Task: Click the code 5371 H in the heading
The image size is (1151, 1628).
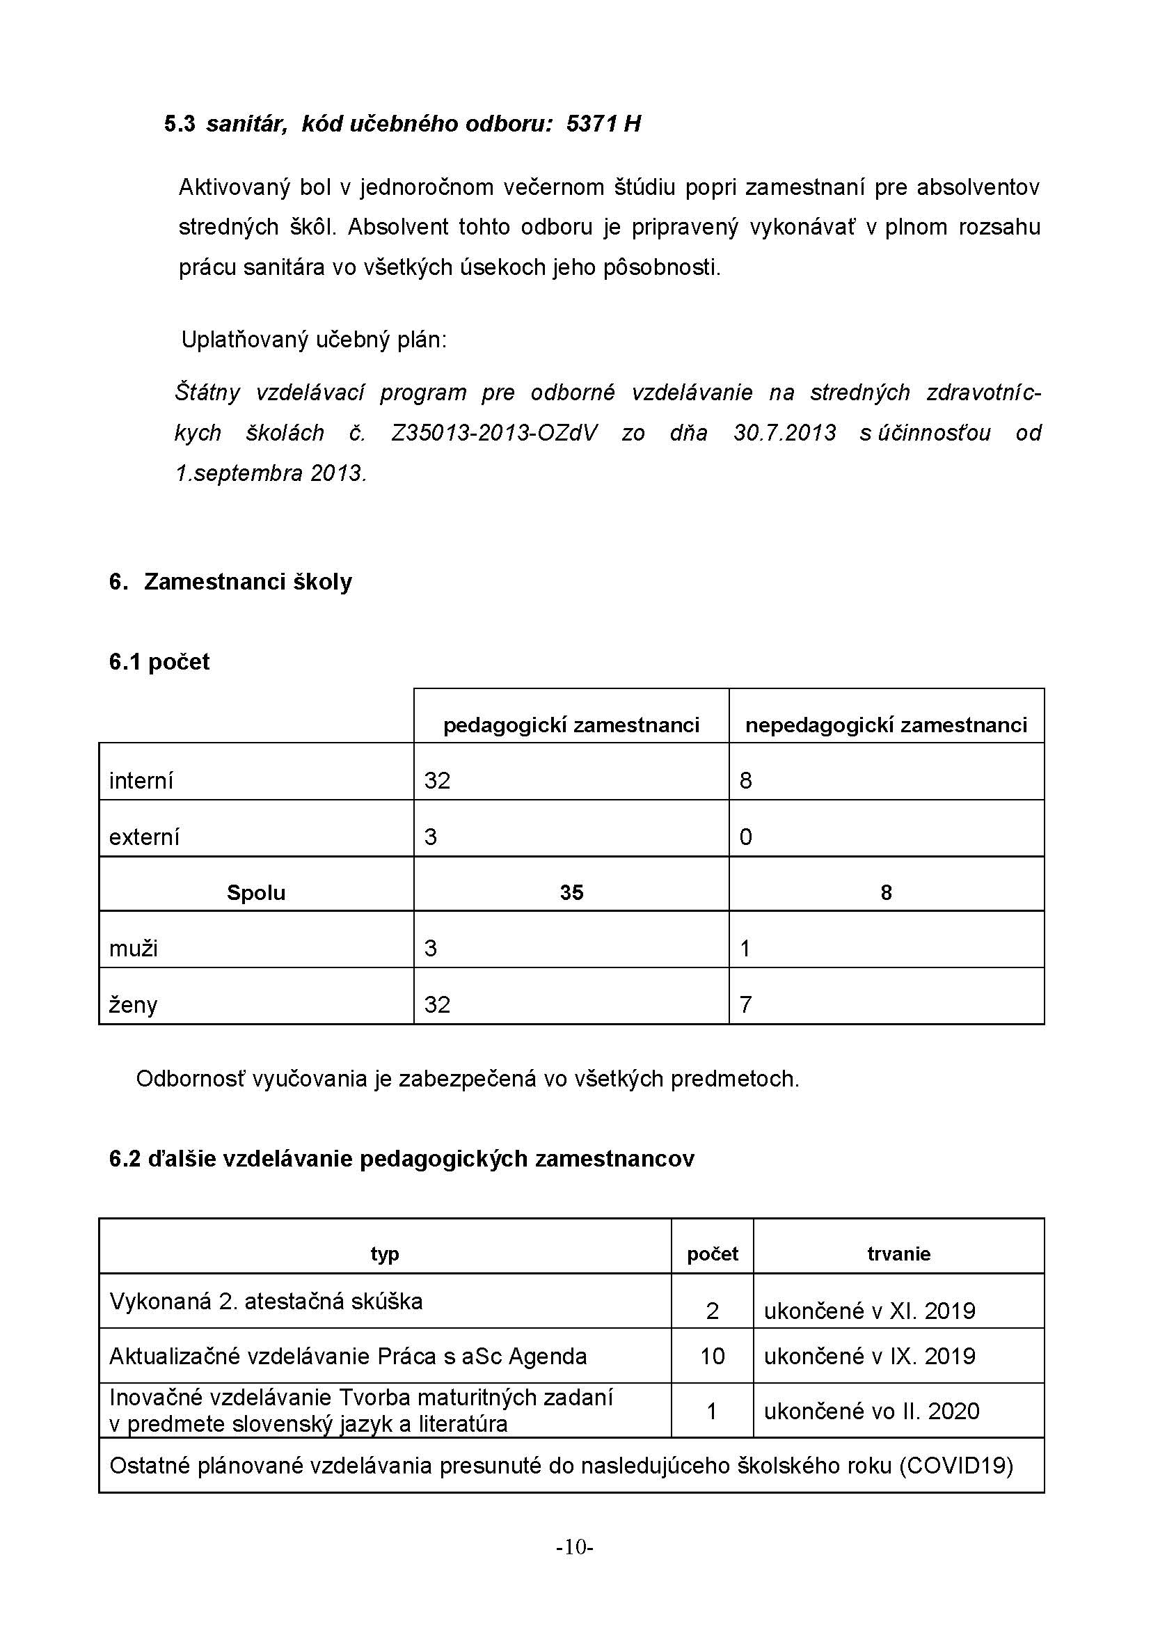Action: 603,124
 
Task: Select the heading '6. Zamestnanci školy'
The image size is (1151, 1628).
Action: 230,581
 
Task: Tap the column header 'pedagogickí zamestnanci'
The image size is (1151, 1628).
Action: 571,725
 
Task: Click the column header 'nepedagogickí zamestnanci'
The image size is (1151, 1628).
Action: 886,725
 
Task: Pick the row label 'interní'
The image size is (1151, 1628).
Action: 141,781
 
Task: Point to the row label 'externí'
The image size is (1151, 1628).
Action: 144,837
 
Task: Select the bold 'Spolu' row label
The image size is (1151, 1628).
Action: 256,892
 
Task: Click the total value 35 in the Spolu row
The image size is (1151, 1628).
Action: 571,892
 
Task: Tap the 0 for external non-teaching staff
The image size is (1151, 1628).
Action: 745,837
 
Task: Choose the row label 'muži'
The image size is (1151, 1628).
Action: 133,948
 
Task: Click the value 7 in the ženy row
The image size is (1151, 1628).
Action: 745,1004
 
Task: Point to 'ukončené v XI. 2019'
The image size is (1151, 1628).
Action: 870,1311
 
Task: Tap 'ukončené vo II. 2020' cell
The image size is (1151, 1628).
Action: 872,1411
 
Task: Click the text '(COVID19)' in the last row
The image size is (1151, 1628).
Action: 956,1465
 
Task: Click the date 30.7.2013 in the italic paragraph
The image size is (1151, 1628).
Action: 784,432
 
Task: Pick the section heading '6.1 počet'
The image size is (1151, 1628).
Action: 159,661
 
